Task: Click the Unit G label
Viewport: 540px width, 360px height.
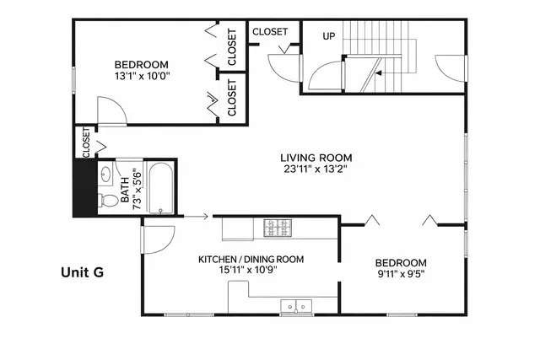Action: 83,272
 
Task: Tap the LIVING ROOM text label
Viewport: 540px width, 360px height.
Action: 316,158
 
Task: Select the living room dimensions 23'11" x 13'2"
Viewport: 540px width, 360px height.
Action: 316,169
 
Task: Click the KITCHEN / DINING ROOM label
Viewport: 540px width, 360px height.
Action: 251,260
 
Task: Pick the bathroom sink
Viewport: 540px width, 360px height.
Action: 105,175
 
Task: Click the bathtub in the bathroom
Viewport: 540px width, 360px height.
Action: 160,188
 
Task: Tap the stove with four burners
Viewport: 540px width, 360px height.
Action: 278,228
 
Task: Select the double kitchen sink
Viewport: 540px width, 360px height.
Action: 295,306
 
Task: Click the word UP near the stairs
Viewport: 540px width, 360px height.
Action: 329,36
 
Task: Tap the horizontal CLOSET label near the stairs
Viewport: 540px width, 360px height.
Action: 270,32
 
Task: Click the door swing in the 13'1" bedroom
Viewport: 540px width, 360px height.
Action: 110,111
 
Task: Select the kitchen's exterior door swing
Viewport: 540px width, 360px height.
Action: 156,240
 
